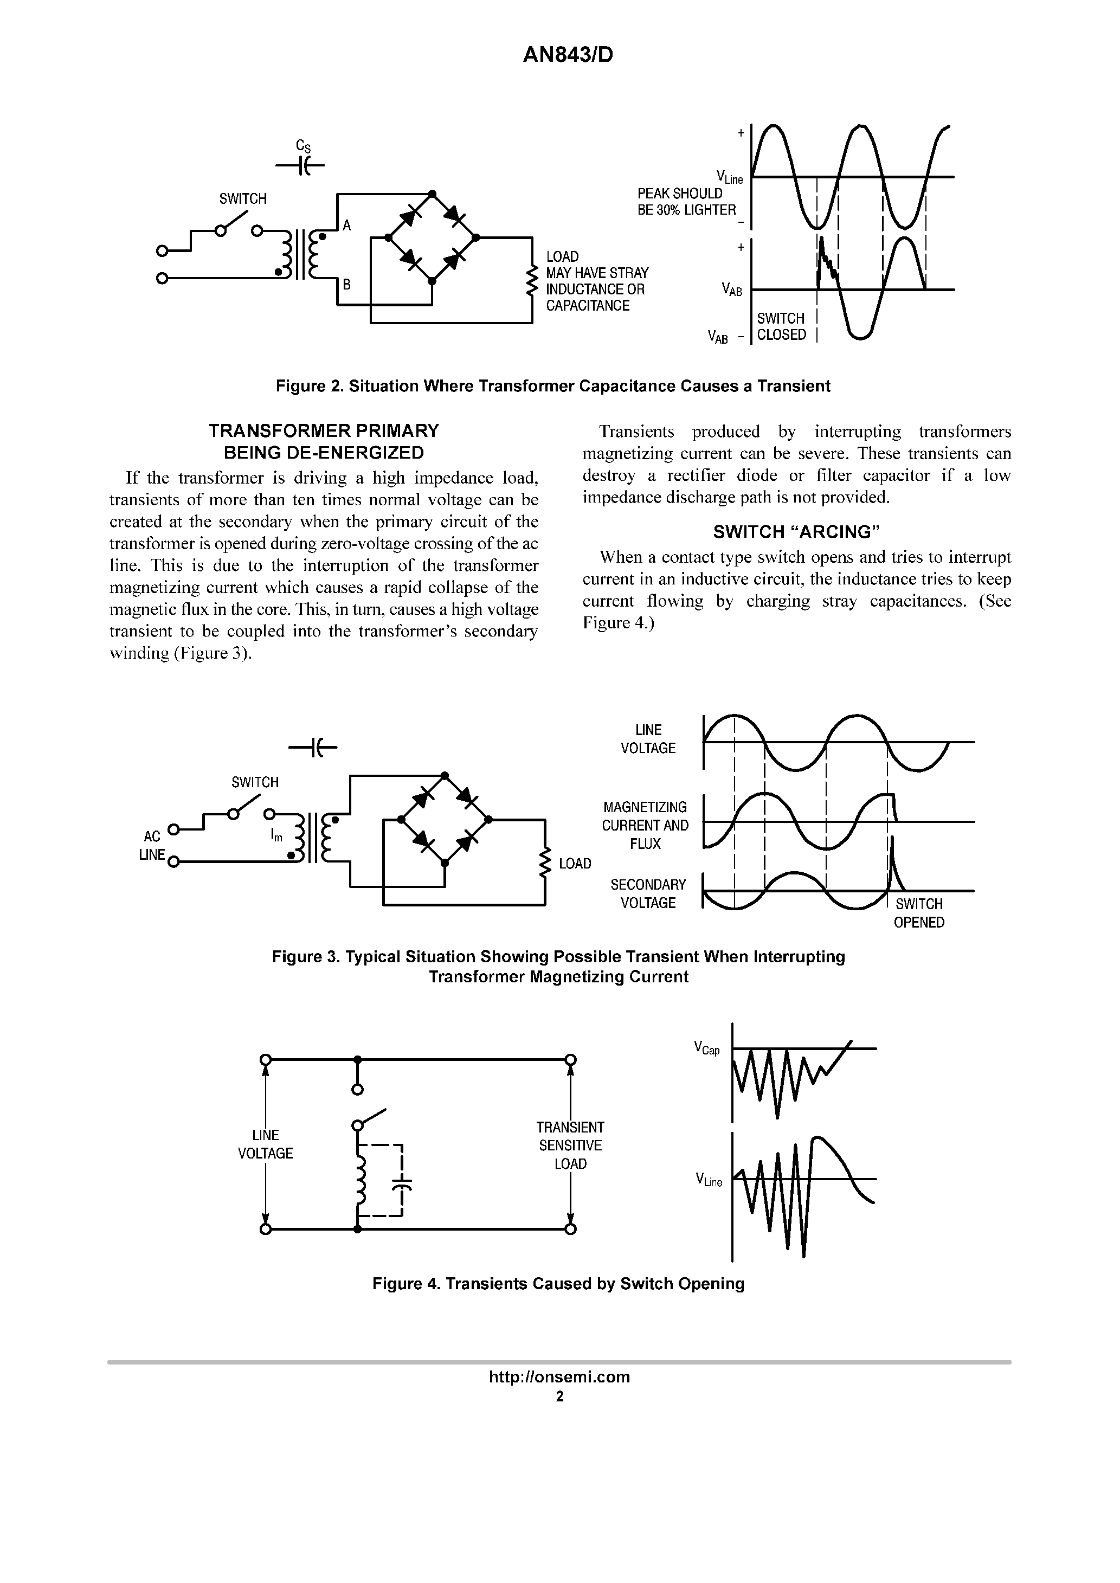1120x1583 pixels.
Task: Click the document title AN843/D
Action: pyautogui.click(x=568, y=55)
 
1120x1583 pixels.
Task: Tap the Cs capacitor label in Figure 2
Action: pyautogui.click(x=302, y=146)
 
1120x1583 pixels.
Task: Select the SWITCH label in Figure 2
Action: pyautogui.click(x=243, y=200)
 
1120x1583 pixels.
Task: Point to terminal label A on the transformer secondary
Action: pyautogui.click(x=347, y=226)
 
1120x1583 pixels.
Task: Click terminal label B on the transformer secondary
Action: pyautogui.click(x=347, y=284)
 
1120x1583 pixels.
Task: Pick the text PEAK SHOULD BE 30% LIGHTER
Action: pyautogui.click(x=686, y=202)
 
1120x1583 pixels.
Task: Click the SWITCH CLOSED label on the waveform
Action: pyautogui.click(x=781, y=327)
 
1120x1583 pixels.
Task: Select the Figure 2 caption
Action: pyautogui.click(x=552, y=386)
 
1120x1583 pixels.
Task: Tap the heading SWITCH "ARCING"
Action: pyautogui.click(x=796, y=532)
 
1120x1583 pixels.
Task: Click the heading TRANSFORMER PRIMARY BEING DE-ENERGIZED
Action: pyautogui.click(x=324, y=442)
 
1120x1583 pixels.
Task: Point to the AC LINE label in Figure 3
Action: pyautogui.click(x=152, y=845)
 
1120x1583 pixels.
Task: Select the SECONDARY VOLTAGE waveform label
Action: pyautogui.click(x=648, y=893)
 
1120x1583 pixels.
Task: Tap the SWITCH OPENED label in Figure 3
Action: pyautogui.click(x=919, y=913)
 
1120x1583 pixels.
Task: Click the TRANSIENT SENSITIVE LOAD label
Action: pyautogui.click(x=570, y=1145)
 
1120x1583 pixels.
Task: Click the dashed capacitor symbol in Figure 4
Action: pyautogui.click(x=401, y=1183)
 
